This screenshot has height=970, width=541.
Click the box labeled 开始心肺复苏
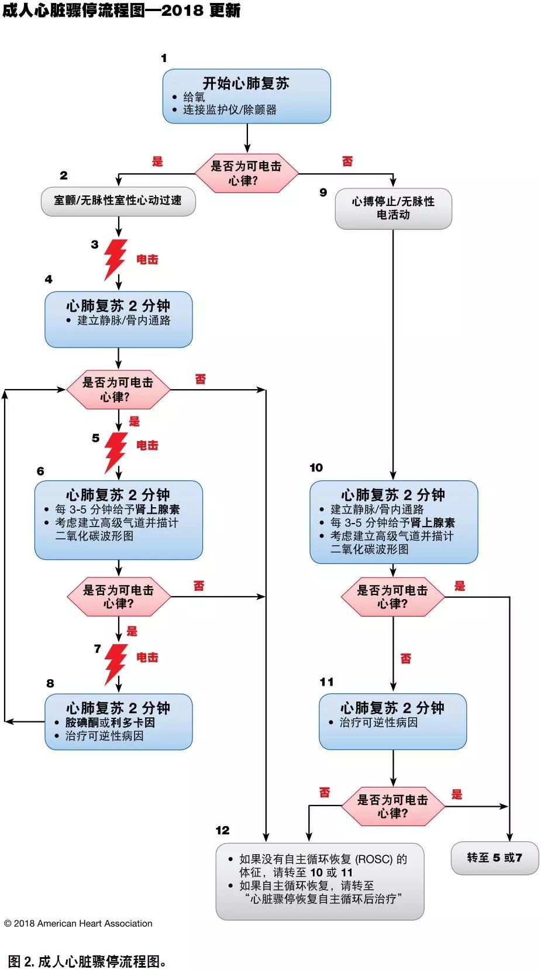(x=246, y=95)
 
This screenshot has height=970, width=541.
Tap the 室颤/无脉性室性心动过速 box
(x=118, y=201)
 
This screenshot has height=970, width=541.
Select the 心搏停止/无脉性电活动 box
(x=393, y=208)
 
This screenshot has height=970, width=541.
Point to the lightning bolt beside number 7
(x=115, y=663)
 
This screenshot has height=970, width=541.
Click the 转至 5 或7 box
(x=494, y=858)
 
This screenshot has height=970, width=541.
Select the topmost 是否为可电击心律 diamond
(x=246, y=173)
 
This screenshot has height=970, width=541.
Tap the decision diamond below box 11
(x=392, y=806)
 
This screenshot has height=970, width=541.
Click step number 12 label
(x=222, y=830)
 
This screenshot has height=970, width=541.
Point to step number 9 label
(x=323, y=192)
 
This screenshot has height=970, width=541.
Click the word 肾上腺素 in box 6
(x=157, y=510)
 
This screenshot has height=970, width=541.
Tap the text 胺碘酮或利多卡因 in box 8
(x=110, y=723)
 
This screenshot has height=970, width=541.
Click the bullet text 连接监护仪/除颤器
(x=229, y=110)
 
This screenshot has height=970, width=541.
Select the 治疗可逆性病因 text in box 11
(x=378, y=723)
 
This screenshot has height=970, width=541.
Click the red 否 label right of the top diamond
(x=347, y=161)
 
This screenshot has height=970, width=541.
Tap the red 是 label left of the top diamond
(x=157, y=161)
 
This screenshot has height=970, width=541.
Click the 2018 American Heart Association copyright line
(x=78, y=923)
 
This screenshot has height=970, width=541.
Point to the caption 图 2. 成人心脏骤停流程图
(x=88, y=961)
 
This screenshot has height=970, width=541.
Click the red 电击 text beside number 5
(x=147, y=445)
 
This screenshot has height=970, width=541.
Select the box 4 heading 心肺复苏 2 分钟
(x=118, y=305)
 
